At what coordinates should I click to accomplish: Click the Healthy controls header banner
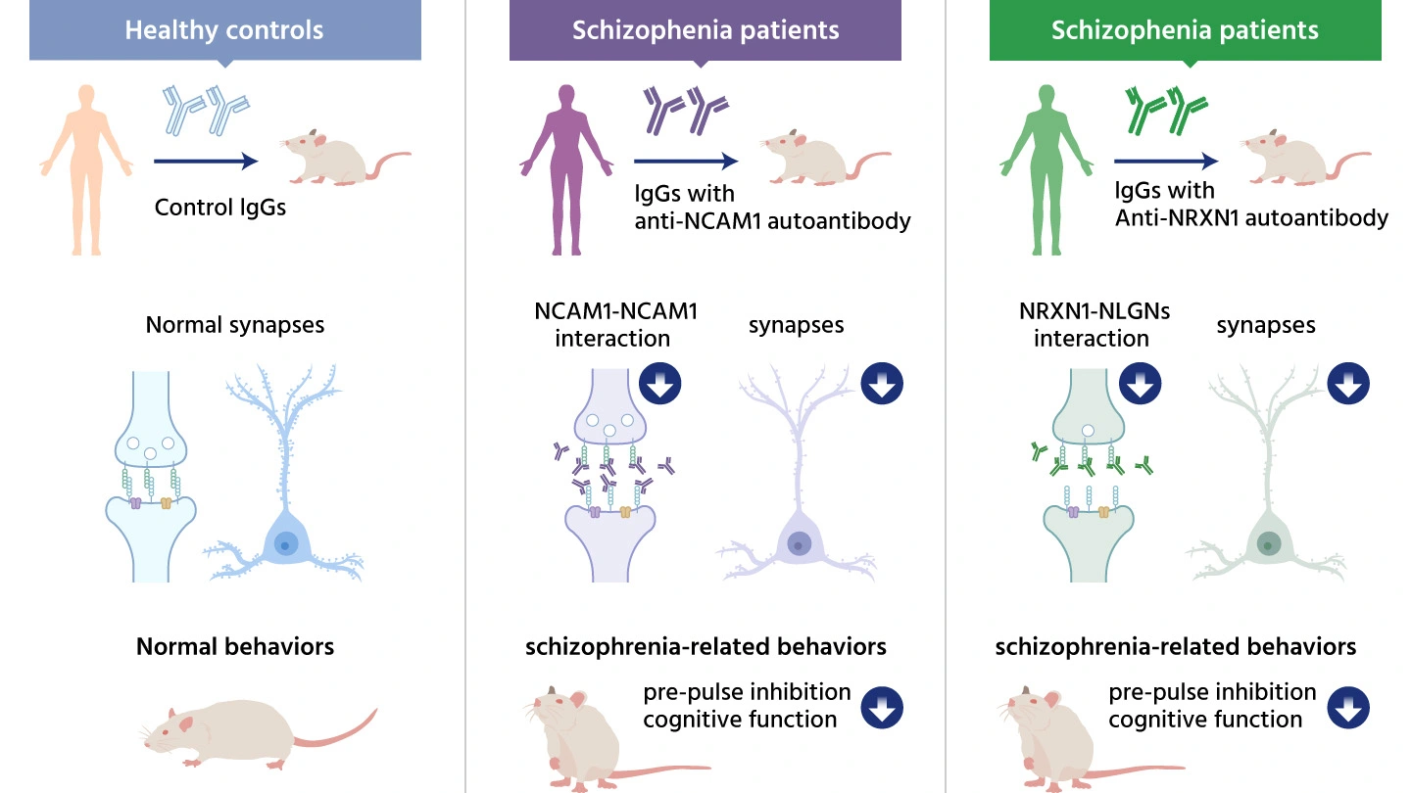pyautogui.click(x=224, y=29)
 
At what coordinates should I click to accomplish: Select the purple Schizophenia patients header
pyautogui.click(x=705, y=29)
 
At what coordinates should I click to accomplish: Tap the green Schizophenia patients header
pyautogui.click(x=1185, y=29)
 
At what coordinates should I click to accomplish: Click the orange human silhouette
pyautogui.click(x=86, y=166)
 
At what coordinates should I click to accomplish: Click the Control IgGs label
pyautogui.click(x=219, y=208)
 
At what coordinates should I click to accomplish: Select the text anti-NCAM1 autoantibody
pyautogui.click(x=772, y=220)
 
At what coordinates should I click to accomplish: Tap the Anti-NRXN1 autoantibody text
pyautogui.click(x=1251, y=217)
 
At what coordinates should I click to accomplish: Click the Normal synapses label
pyautogui.click(x=234, y=324)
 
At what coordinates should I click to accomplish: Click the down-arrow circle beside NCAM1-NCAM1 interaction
pyautogui.click(x=660, y=384)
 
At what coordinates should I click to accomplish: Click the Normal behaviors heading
pyautogui.click(x=235, y=647)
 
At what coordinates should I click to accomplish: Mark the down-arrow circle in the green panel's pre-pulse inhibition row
pyautogui.click(x=1348, y=707)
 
